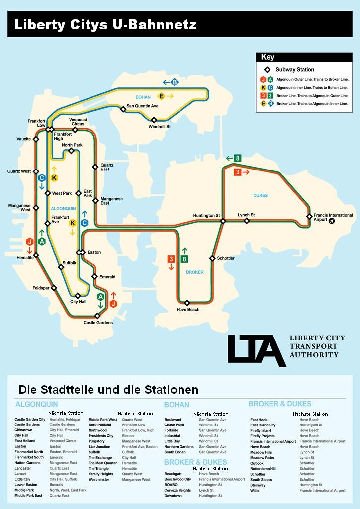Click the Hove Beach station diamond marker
coord(187,303)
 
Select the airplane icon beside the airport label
coord(332,221)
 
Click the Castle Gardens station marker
coord(97,316)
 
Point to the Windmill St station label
coord(160,127)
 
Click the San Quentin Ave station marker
coord(123,109)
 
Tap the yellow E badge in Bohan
coord(161,96)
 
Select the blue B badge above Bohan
coord(174,82)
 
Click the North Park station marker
coord(71,151)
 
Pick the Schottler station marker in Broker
coord(212,258)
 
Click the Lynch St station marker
coord(246,221)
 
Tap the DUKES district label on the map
coord(260,195)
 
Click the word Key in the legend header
coord(268,57)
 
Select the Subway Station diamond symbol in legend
coord(267,70)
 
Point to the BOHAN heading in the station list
coord(177,405)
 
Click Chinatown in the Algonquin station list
coord(23,430)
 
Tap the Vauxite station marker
coord(36,139)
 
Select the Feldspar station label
coord(41,288)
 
